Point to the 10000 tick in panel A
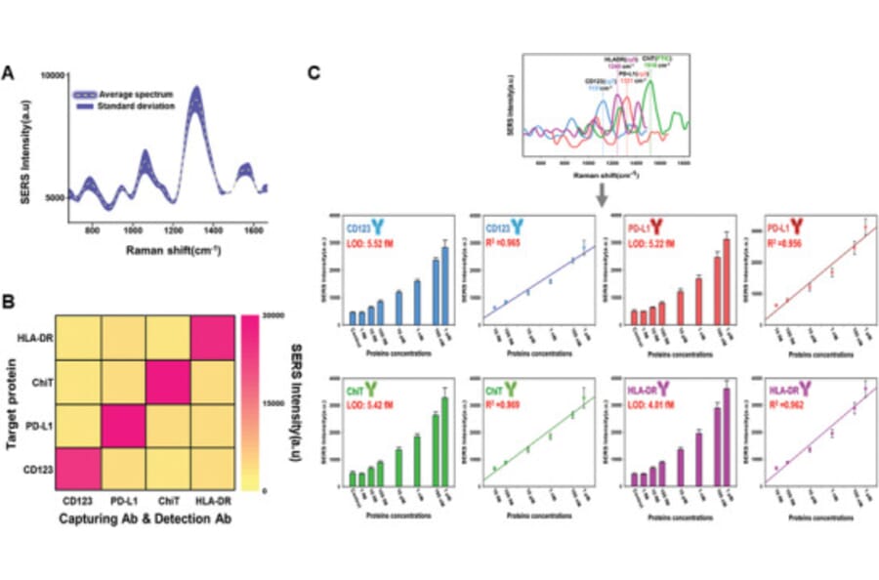(x=52, y=75)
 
